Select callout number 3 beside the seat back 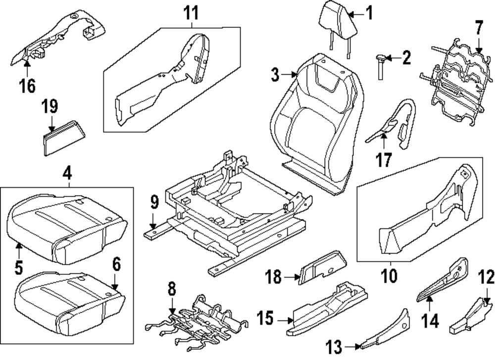point(276,76)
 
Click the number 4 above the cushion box point(67,174)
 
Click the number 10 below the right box point(390,275)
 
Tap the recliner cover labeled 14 point(443,280)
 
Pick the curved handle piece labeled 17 point(394,124)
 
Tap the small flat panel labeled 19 point(64,133)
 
